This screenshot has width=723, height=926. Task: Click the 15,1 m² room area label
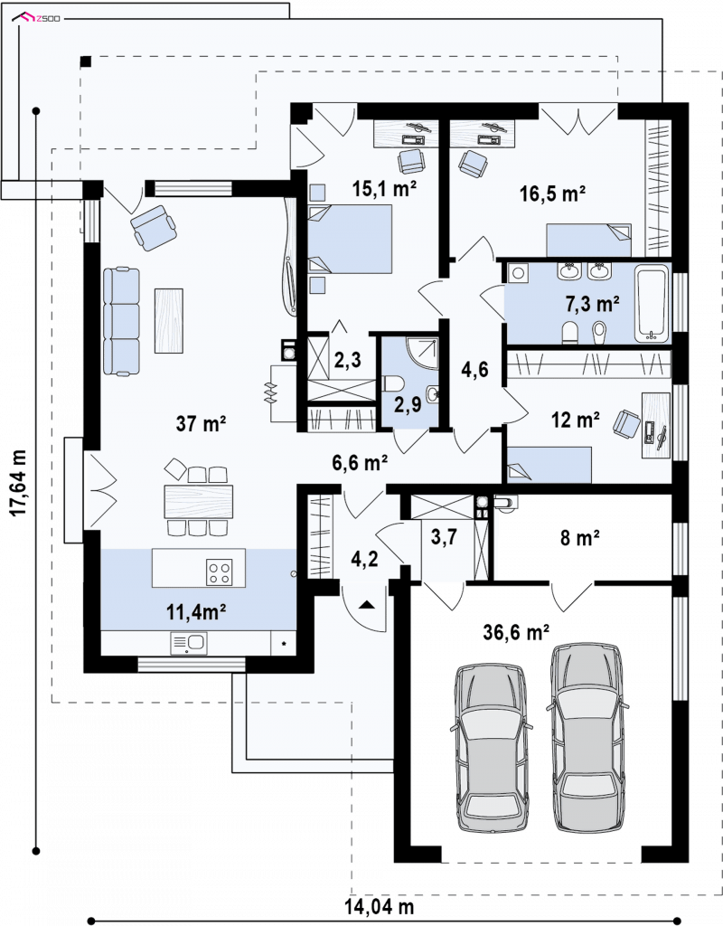pos(384,188)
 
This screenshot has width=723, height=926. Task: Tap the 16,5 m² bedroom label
pos(552,194)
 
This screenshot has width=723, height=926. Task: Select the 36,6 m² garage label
pos(516,632)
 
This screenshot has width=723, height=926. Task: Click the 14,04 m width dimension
pos(379,906)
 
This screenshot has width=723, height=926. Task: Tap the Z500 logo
pos(38,19)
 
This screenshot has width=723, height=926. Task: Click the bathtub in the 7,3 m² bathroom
pos(653,303)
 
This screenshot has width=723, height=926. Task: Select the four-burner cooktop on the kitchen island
pos(219,572)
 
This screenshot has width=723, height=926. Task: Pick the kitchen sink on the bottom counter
pos(189,643)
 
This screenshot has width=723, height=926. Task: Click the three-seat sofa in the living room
pos(122,321)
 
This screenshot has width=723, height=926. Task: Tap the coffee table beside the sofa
pos(169,321)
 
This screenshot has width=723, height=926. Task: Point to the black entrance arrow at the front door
pos(367,604)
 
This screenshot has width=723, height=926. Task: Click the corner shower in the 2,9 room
pos(424,354)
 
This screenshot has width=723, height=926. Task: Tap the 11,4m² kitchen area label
pos(196,612)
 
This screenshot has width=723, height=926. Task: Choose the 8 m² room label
pos(579,537)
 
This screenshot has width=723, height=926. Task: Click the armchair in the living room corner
pos(154,225)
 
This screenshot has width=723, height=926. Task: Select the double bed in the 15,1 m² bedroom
pos(350,239)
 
